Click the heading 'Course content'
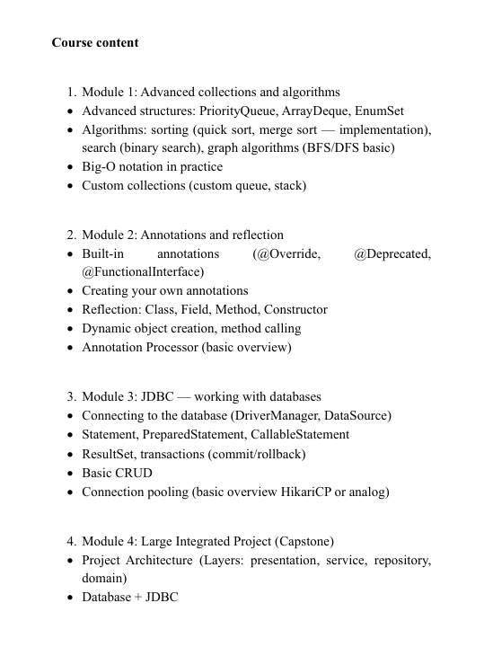[x=95, y=42]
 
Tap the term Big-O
[x=100, y=167]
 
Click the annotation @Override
[x=287, y=254]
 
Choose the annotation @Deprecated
[x=392, y=254]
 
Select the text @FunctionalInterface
[x=143, y=271]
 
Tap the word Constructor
[x=295, y=309]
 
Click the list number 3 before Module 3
[x=71, y=396]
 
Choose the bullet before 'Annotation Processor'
[x=70, y=347]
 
